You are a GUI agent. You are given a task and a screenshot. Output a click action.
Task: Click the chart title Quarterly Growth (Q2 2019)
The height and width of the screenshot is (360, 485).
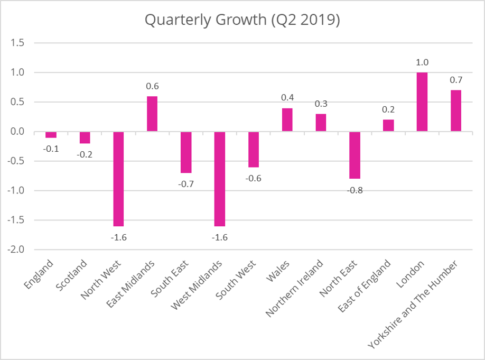click(243, 20)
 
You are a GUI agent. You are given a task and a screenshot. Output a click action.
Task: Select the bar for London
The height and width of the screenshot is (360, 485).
click(422, 101)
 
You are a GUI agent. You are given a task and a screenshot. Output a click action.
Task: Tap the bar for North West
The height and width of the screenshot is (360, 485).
click(118, 179)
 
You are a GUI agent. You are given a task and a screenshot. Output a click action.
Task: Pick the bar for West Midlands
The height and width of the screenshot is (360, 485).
click(219, 179)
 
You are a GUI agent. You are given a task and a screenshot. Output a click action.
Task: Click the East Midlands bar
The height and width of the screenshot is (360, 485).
click(152, 114)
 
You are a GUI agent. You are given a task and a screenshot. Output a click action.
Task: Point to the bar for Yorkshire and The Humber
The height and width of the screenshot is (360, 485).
click(455, 110)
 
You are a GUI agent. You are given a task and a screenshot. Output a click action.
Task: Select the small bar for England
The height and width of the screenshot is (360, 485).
click(51, 134)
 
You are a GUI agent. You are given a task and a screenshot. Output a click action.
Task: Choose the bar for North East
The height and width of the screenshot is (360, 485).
click(355, 155)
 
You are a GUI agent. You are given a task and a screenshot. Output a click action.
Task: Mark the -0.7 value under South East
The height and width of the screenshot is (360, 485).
click(185, 183)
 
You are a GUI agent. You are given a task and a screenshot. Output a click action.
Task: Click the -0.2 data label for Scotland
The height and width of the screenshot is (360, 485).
click(85, 154)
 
